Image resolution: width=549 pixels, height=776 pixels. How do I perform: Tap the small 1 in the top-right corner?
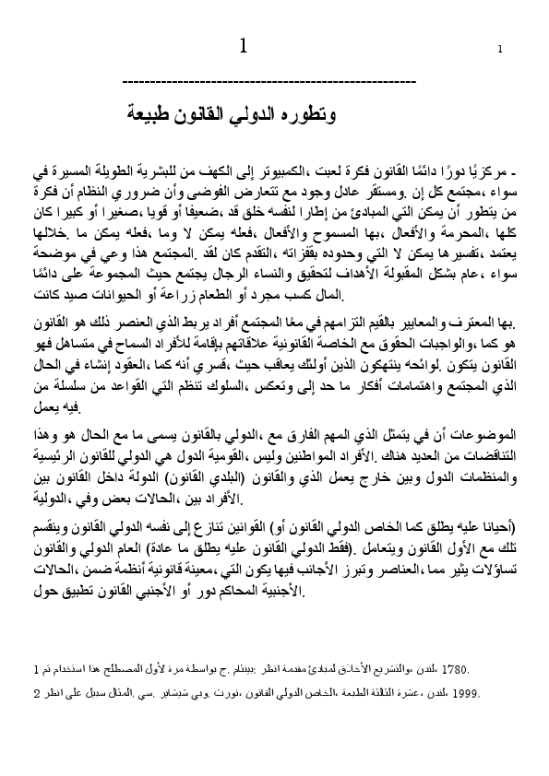499,50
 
